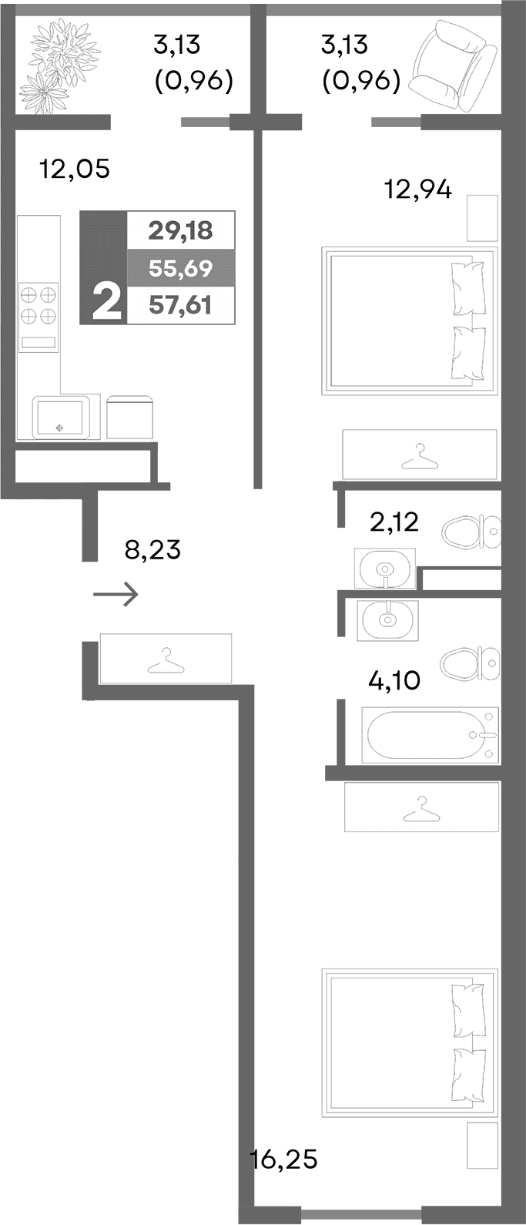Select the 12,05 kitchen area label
(x=75, y=169)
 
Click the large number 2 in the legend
(x=106, y=301)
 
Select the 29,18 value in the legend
(x=180, y=230)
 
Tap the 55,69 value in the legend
(x=180, y=268)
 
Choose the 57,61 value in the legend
(x=180, y=305)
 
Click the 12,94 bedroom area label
(x=418, y=188)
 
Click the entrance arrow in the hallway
(x=116, y=594)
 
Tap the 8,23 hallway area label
(x=152, y=550)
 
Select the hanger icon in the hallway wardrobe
(x=165, y=661)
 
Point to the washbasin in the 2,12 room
(x=385, y=569)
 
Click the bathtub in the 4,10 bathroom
(x=429, y=736)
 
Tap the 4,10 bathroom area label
(x=395, y=680)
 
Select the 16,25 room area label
(x=284, y=1159)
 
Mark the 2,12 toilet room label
(x=394, y=522)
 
